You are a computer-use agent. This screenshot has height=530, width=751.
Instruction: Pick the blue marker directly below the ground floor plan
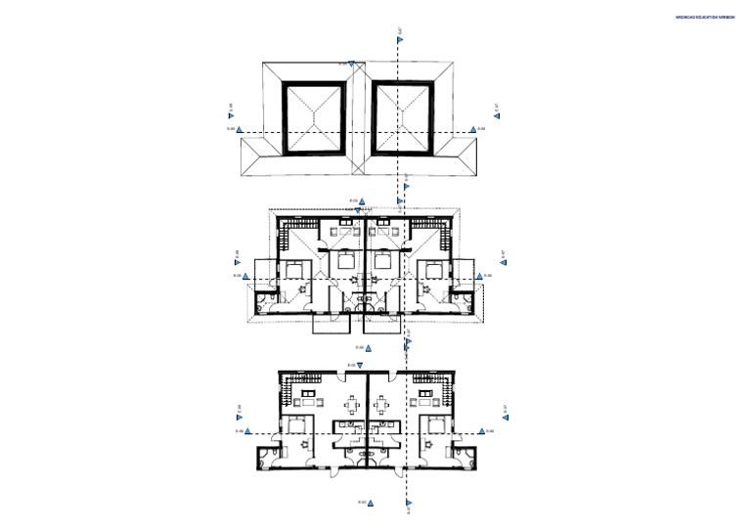point(370,503)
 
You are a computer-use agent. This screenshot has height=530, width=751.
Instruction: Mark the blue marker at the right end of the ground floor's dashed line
point(481,430)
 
